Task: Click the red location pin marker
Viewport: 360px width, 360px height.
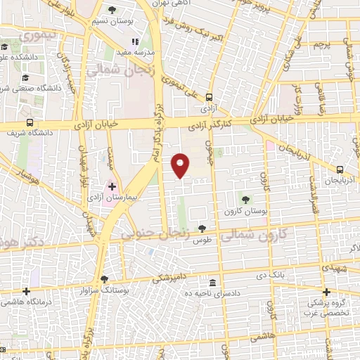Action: pos(181,165)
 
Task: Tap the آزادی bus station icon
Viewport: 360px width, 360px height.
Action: pos(209,98)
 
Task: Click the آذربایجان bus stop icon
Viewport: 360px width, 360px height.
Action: pos(340,169)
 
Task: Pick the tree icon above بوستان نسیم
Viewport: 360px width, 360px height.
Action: pos(112,10)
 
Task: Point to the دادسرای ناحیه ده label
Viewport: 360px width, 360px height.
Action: pos(213,292)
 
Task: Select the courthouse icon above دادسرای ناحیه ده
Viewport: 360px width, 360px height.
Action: pos(212,280)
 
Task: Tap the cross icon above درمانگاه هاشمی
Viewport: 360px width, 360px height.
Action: pos(26,290)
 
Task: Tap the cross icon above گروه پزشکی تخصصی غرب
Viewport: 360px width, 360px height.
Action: pos(326,291)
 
